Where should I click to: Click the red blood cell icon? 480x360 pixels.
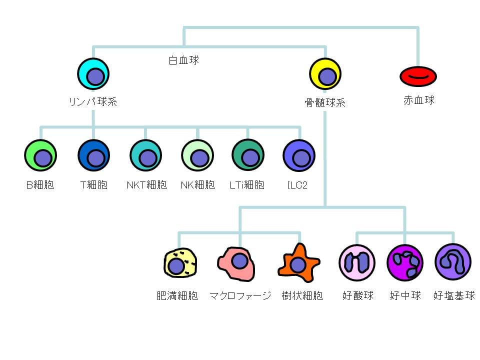point(418,76)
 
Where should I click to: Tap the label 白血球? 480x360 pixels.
point(183,60)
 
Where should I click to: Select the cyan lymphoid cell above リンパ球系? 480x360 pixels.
point(93,74)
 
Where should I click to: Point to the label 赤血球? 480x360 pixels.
point(419,100)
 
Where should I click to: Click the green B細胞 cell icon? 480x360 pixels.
point(40,156)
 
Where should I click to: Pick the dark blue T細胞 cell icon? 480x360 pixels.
point(93,156)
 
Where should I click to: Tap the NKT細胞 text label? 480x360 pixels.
point(146,185)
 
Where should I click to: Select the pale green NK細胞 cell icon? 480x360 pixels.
point(197,156)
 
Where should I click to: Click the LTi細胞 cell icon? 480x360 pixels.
point(248,156)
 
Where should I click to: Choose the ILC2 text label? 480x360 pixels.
point(297,185)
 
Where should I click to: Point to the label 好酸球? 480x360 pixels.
point(357,295)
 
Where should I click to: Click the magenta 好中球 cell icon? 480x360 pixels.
point(404,263)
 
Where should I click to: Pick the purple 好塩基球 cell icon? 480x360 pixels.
point(452,261)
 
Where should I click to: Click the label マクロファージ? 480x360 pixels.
point(240,295)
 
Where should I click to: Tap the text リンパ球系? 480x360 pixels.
point(93,102)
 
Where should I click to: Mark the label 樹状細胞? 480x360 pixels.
point(302,295)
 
